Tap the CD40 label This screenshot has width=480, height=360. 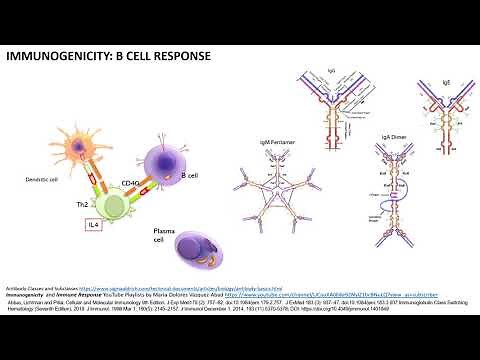(x=130, y=183)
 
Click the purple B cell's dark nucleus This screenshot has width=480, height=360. (x=159, y=159)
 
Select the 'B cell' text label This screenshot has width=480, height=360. (x=190, y=176)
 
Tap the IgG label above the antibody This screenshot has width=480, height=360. (x=330, y=73)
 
